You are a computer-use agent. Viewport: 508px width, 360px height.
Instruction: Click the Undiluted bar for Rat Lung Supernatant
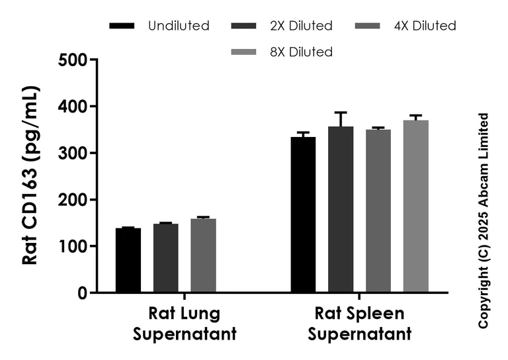pos(128,260)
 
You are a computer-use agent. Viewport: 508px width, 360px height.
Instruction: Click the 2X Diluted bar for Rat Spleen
pos(341,210)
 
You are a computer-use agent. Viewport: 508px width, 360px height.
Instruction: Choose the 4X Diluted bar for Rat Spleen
pos(378,211)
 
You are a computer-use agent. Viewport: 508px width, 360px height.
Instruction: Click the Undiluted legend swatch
pos(121,26)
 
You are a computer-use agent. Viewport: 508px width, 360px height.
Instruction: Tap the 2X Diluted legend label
pos(302,26)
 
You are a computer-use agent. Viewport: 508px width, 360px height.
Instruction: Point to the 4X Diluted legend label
pos(425,26)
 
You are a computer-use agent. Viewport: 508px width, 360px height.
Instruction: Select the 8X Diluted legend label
pos(302,52)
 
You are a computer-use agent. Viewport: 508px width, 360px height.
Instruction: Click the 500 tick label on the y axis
pos(74,60)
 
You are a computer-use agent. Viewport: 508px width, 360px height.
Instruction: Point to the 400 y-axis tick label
pos(74,107)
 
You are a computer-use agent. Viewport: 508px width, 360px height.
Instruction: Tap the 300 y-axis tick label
pos(74,153)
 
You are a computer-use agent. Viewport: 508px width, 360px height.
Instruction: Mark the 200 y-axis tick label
pos(74,200)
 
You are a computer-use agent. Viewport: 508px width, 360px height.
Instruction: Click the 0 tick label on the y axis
pos(83,293)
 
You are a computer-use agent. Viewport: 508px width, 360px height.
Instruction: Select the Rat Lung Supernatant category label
pos(185,324)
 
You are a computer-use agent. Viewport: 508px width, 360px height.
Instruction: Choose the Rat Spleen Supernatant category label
pos(359,324)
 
